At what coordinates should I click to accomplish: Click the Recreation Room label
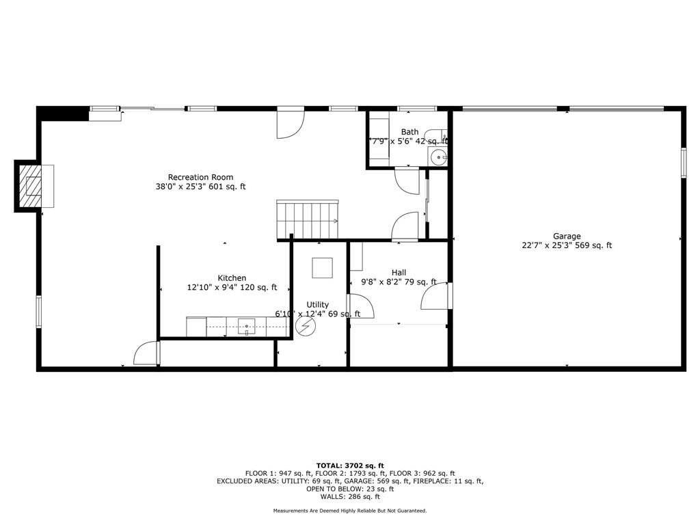[200, 177]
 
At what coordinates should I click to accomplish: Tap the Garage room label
[567, 237]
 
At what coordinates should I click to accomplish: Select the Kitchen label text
[232, 278]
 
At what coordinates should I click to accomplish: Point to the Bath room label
[409, 132]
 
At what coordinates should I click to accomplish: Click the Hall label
[399, 272]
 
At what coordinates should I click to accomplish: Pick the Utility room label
[317, 304]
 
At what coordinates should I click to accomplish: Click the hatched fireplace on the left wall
[31, 186]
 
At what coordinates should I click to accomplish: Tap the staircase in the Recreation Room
[307, 219]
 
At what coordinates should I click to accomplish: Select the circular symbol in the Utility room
[306, 327]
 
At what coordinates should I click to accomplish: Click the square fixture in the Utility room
[322, 267]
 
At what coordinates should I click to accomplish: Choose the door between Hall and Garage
[437, 296]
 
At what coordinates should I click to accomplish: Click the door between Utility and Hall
[360, 306]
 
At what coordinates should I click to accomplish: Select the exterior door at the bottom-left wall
[146, 353]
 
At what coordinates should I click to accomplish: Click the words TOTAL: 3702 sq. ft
[350, 466]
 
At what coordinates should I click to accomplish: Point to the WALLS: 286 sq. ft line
[350, 496]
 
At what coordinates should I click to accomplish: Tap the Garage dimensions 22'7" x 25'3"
[547, 245]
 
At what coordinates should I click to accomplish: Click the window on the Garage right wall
[683, 163]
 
